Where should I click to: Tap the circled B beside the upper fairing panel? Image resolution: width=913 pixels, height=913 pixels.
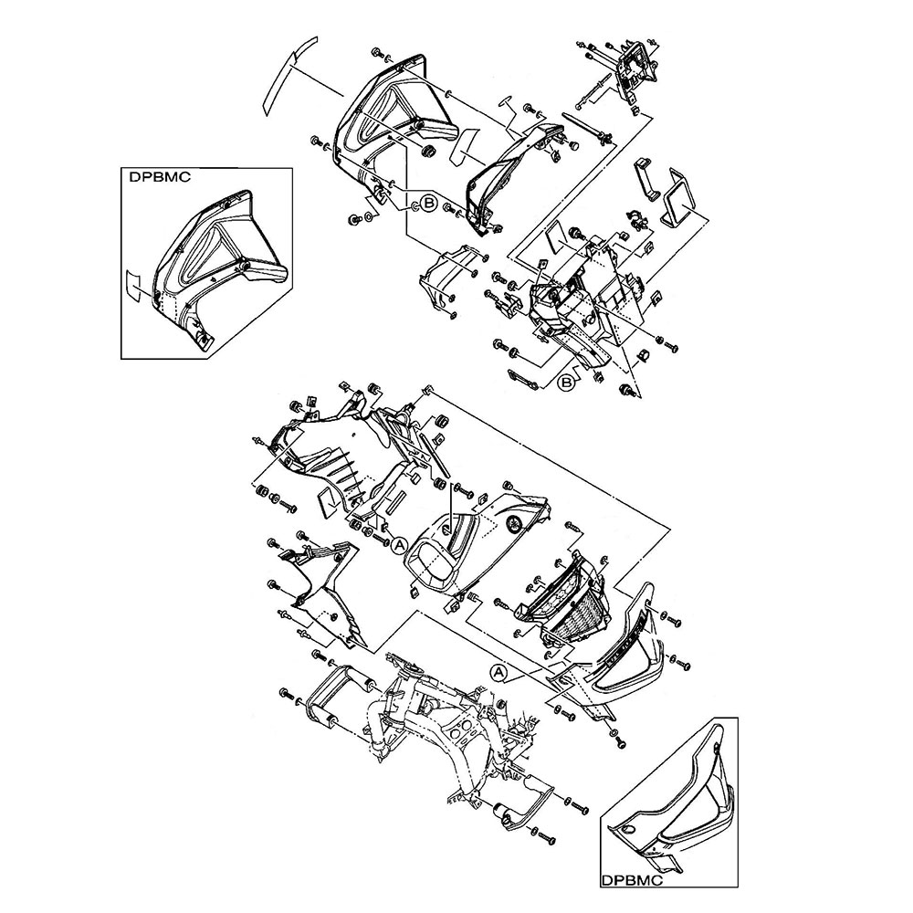point(428,204)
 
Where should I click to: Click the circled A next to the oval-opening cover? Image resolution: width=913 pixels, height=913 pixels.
point(400,545)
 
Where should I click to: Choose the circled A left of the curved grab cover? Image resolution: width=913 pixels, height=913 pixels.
point(498,673)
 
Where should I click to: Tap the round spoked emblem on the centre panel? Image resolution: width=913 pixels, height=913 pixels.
point(513,521)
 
